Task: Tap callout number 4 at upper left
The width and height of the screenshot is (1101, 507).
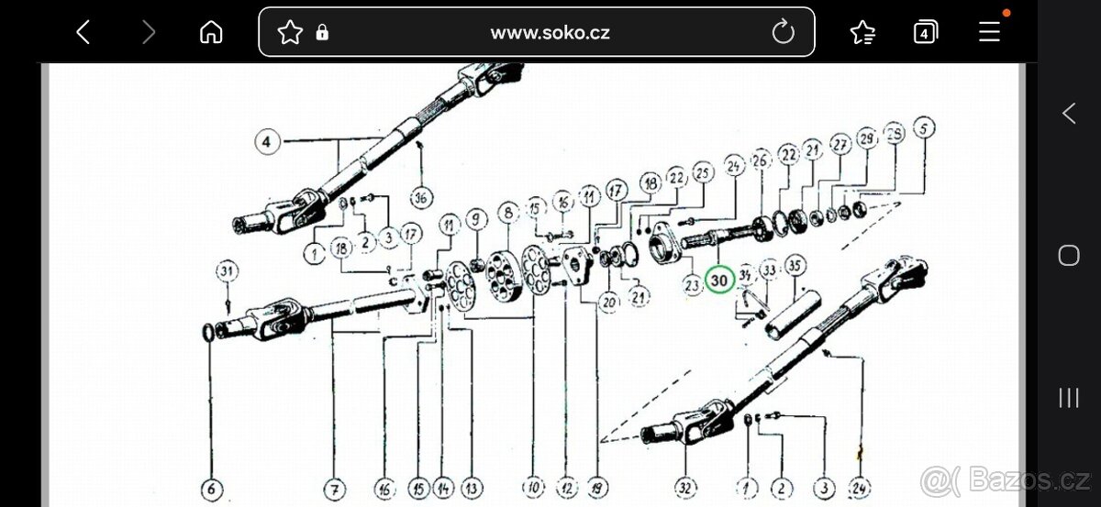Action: coord(266,142)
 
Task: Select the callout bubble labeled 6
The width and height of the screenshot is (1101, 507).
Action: coord(210,490)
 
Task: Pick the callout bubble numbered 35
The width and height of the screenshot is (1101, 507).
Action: coord(795,267)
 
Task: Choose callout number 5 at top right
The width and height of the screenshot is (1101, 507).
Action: coord(923,127)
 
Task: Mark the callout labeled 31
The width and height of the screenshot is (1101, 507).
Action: coord(227,270)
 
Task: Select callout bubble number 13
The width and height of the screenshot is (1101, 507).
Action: coord(472,487)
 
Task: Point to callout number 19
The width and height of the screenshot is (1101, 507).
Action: coord(598,487)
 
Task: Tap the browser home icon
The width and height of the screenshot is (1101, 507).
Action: coord(211,33)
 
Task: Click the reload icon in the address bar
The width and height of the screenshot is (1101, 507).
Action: coord(783,33)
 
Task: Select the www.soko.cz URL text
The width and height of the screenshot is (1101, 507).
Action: coord(550,33)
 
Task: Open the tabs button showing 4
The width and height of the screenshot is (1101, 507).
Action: coord(926,33)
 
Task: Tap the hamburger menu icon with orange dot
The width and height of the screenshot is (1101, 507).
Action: coord(989,33)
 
